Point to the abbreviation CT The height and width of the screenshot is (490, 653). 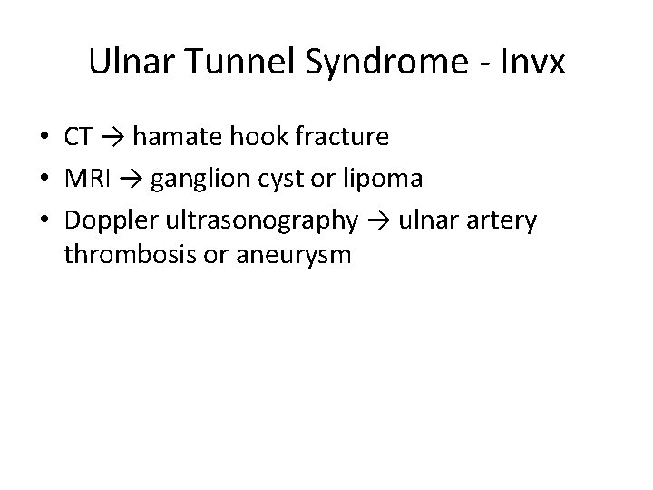[78, 137]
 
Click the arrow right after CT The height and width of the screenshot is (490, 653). [112, 137]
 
